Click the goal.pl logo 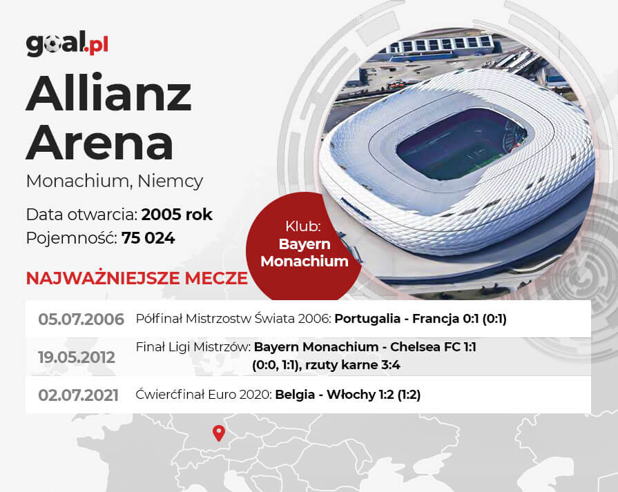click(67, 43)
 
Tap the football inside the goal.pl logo click(52, 45)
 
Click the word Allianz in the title click(109, 93)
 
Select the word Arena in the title click(99, 143)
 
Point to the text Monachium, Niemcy click(115, 181)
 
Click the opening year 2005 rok click(177, 215)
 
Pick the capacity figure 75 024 click(148, 238)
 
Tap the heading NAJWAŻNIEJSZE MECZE click(137, 278)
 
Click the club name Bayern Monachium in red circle click(305, 253)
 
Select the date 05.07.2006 click(81, 319)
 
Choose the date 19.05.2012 click(77, 357)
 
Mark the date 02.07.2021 click(78, 395)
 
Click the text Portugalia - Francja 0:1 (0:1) click(421, 319)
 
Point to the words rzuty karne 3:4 click(353, 365)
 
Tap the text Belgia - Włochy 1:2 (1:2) click(347, 394)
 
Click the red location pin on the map click(219, 433)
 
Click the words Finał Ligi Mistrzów click(193, 347)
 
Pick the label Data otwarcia click(82, 215)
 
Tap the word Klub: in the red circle click(303, 226)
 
